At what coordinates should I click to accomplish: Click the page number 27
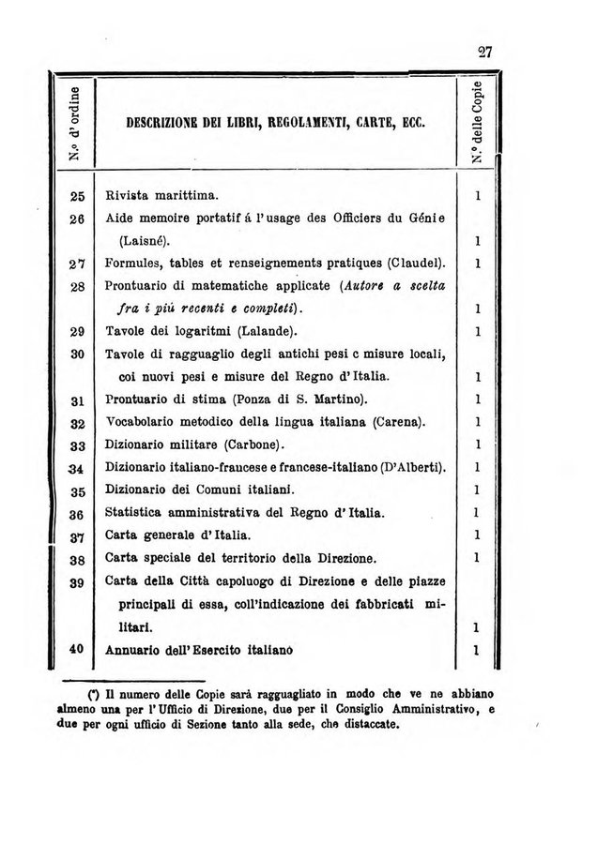point(484,53)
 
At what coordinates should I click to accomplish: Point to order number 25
point(77,197)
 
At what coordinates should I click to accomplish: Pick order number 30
point(77,354)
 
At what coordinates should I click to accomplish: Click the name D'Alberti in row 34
point(413,467)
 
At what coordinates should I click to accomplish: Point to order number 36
point(77,514)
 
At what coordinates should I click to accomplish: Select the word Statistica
point(138,513)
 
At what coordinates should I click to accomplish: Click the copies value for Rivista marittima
point(478,197)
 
